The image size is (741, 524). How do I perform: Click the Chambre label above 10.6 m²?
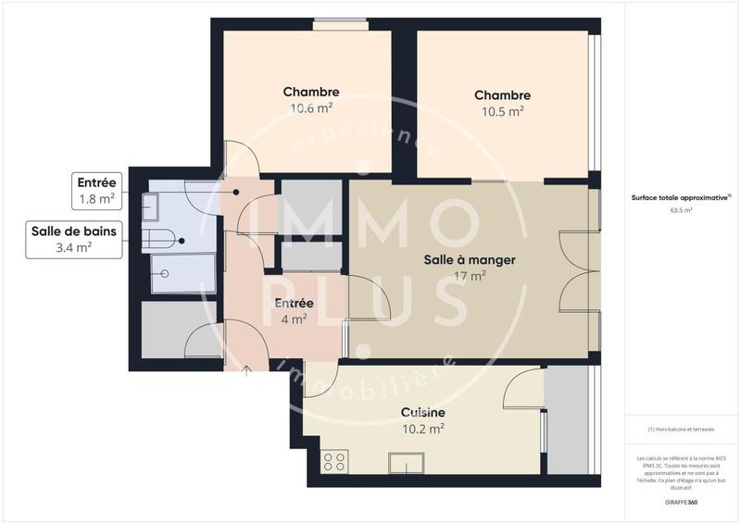310,92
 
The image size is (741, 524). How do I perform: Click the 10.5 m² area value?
502,111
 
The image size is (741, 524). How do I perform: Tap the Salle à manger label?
469,260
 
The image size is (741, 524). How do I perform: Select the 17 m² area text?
469,276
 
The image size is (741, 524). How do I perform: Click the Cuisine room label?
422,412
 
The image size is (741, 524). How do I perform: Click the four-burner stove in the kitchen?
334,461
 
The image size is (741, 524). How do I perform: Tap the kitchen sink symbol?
406,462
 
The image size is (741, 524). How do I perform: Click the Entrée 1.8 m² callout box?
96,191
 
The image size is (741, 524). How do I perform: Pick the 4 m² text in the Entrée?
294,319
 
